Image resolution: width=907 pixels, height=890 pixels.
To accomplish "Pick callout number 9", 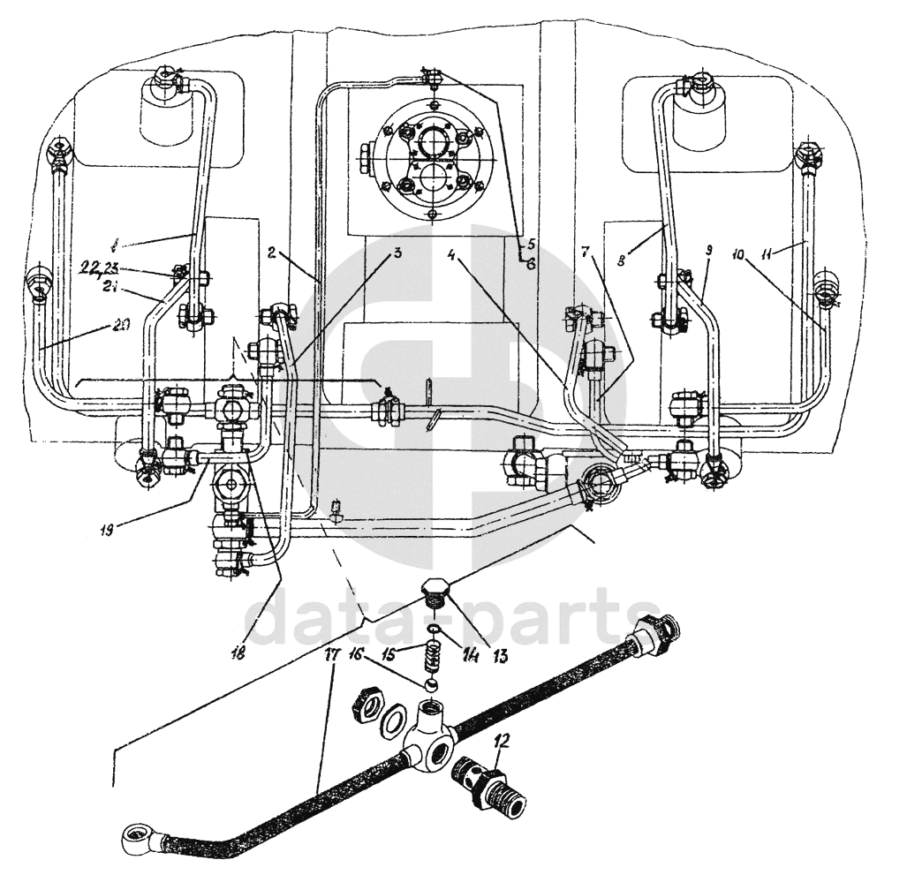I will (709, 250).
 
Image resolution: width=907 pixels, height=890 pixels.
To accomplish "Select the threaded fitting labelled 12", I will (488, 782).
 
